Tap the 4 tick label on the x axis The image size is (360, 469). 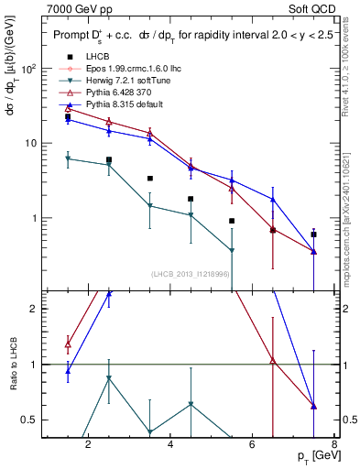[x=169, y=446]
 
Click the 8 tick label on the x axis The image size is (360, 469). [x=333, y=446]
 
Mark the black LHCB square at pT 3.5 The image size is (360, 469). [x=150, y=179]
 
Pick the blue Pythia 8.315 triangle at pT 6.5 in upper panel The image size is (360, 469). [x=273, y=200]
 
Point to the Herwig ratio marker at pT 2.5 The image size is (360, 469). [x=109, y=378]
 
